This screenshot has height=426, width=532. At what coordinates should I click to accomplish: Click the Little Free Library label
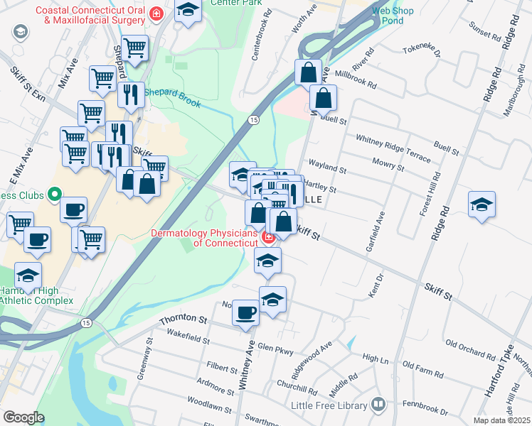[329, 406]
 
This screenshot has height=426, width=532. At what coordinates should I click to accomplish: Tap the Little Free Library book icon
[378, 405]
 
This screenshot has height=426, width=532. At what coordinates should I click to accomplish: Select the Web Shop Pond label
[391, 16]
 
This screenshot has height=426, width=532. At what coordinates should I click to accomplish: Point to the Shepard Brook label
[174, 94]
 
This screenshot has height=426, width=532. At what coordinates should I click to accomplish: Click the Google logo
[23, 417]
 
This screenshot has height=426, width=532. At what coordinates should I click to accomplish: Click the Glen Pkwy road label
[275, 349]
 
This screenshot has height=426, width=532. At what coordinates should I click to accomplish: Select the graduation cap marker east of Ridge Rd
[482, 204]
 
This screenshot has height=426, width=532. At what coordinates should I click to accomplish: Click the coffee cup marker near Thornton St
[246, 312]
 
